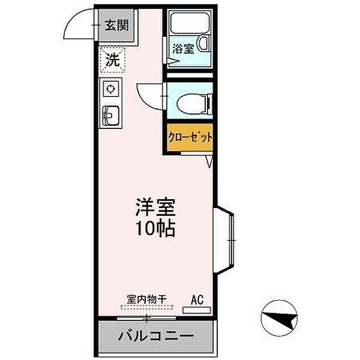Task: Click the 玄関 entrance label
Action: pos(116,25)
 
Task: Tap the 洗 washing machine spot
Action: pos(112,60)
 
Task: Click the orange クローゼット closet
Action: pos(190,137)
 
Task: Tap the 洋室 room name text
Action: pos(154,208)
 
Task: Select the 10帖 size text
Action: pos(154,229)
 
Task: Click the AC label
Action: pos(197,298)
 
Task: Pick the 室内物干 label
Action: pos(146,298)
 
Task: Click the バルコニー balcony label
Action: pos(155,335)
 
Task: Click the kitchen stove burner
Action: pos(111,89)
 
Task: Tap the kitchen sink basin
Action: pos(111,112)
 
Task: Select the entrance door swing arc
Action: pos(80,24)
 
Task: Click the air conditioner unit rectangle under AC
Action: pos(197,310)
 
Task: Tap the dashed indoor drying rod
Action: pos(146,307)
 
